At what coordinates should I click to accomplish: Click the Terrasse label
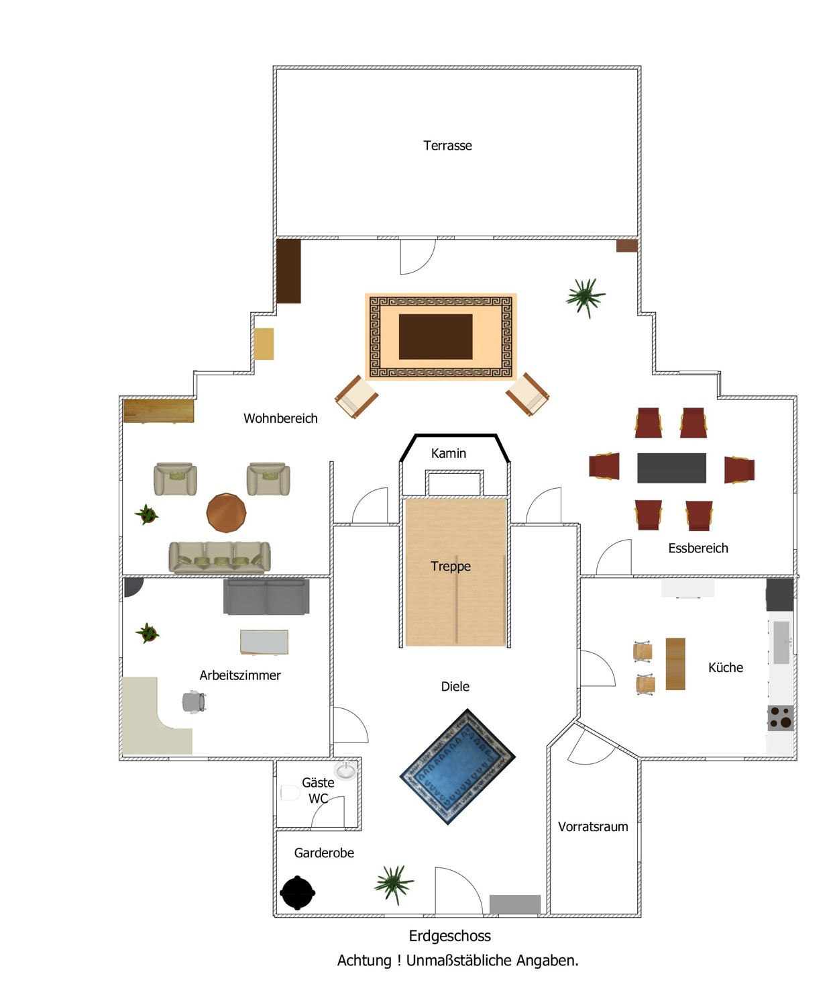pyautogui.click(x=447, y=146)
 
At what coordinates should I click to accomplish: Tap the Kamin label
pyautogui.click(x=449, y=453)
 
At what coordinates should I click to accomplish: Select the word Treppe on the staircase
pyautogui.click(x=451, y=566)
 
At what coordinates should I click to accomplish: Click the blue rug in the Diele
pyautogui.click(x=457, y=767)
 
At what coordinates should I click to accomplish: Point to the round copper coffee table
pyautogui.click(x=226, y=513)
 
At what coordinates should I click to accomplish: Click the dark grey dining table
pyautogui.click(x=671, y=468)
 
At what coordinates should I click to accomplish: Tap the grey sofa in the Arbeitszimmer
pyautogui.click(x=266, y=597)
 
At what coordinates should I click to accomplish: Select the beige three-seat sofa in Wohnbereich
pyautogui.click(x=219, y=557)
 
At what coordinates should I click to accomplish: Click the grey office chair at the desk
pyautogui.click(x=194, y=702)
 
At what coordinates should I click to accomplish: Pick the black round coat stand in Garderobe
pyautogui.click(x=297, y=893)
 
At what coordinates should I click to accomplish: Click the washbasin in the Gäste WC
pyautogui.click(x=345, y=770)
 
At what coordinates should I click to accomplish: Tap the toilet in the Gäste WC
pyautogui.click(x=290, y=792)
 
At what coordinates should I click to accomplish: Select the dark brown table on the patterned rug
pyautogui.click(x=435, y=336)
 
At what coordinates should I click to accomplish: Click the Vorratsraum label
pyautogui.click(x=593, y=826)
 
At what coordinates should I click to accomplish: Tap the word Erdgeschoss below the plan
pyautogui.click(x=449, y=936)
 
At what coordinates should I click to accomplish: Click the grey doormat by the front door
pyautogui.click(x=514, y=904)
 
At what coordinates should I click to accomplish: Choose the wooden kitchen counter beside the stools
pyautogui.click(x=675, y=664)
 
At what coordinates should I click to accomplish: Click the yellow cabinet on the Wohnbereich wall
pyautogui.click(x=264, y=344)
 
